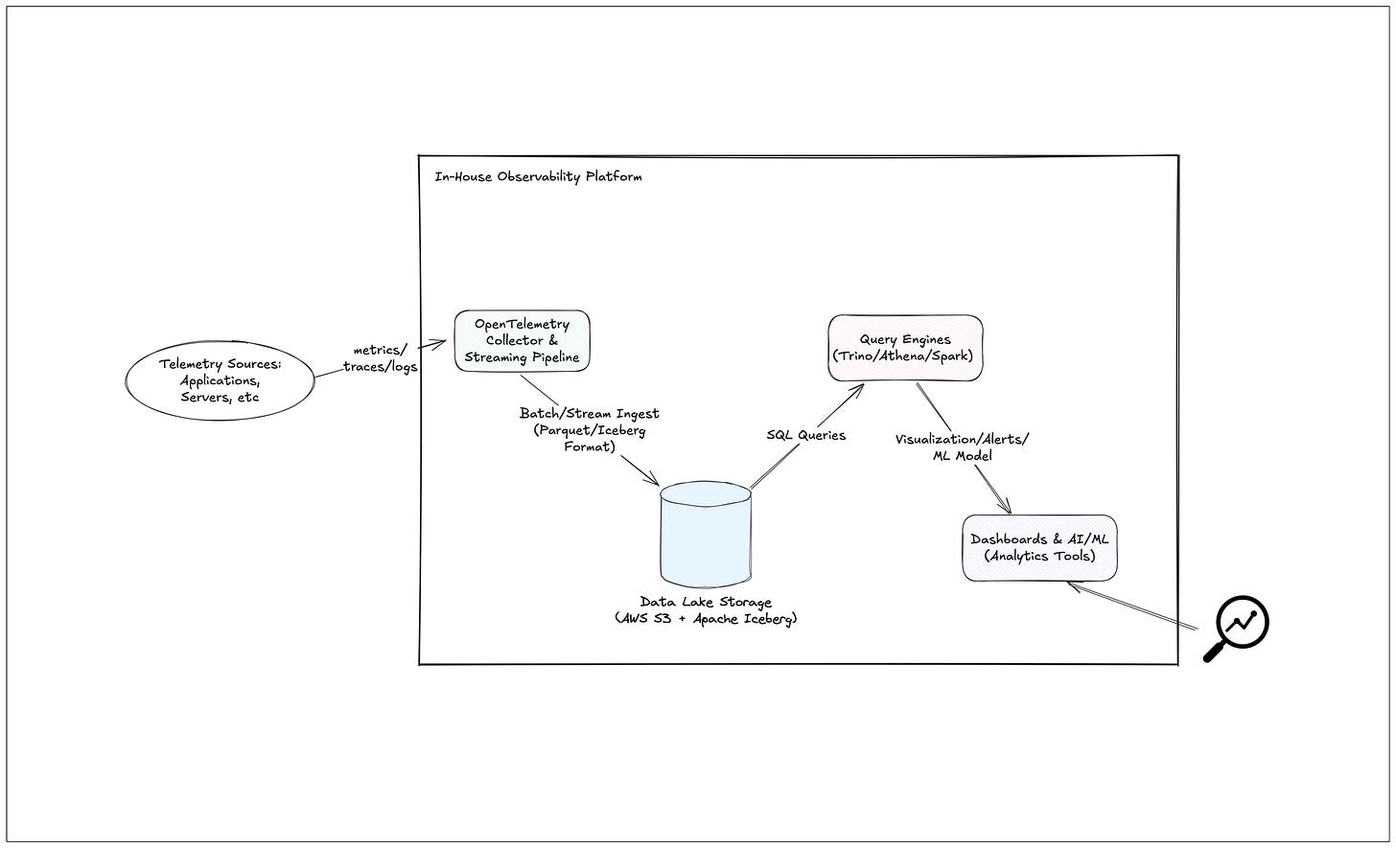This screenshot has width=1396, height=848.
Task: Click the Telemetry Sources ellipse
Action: [220, 380]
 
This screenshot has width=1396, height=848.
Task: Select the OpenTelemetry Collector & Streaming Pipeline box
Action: [522, 341]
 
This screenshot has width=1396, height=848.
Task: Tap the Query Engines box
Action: [905, 348]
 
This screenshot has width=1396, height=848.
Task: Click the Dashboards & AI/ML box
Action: [1039, 547]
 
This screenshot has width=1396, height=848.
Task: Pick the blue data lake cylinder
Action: [706, 537]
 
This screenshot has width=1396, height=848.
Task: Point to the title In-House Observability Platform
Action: [538, 177]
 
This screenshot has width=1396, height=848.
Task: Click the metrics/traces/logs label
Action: [380, 358]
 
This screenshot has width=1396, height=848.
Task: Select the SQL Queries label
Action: [805, 435]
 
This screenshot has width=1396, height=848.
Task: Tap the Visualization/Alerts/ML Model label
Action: [962, 447]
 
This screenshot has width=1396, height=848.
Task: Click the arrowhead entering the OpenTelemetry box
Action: [442, 342]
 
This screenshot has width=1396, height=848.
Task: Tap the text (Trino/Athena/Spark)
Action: [905, 356]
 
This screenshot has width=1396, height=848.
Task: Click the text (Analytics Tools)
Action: [1039, 556]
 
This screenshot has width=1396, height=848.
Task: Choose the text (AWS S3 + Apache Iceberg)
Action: [706, 619]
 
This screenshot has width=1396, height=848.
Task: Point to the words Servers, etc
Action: [220, 398]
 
